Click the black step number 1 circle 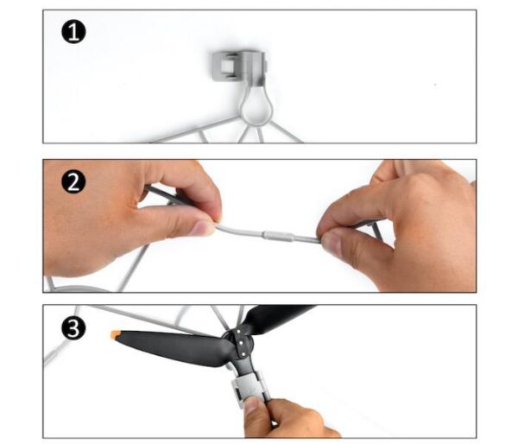pos(73,32)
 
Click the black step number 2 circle pos(73,181)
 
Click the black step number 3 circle pos(73,328)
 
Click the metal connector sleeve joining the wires pos(279,236)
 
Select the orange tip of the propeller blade pos(116,334)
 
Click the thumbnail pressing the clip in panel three pos(252,405)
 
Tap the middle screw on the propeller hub pos(241,343)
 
